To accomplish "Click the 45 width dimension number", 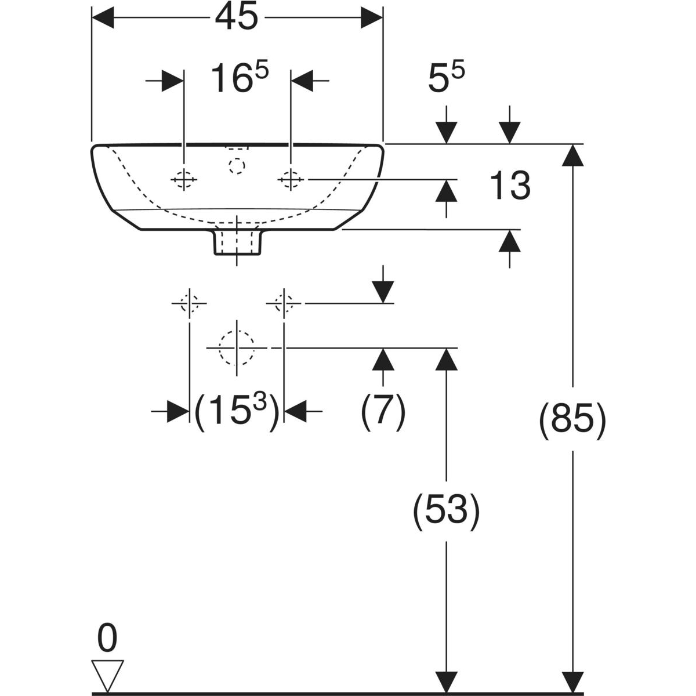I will point(236,19).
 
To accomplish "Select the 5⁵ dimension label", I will point(447,79).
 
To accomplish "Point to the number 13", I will point(510,186).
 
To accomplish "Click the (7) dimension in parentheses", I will point(383,412).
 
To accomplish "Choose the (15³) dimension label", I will point(237,412).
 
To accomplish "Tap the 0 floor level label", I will point(107,639).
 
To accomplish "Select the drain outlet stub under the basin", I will point(237,242).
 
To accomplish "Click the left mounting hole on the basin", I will point(183,180).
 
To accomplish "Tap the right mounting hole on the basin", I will point(290,180).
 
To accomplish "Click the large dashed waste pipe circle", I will point(237,347).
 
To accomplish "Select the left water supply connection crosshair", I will point(189,303).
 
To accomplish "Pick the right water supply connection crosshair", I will point(284,303).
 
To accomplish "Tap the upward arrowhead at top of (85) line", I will point(574,154).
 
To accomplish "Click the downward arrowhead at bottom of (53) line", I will point(446,682).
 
